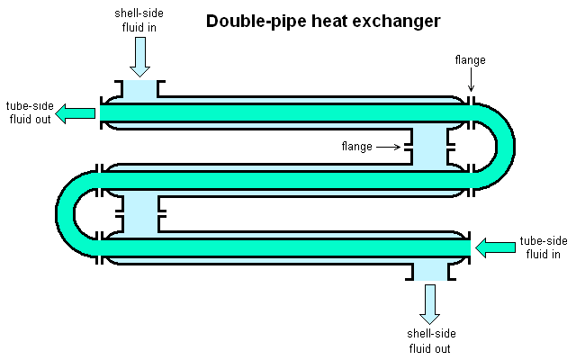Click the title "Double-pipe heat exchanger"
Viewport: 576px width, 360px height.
pyautogui.click(x=323, y=21)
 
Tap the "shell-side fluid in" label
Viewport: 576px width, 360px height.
pyautogui.click(x=139, y=22)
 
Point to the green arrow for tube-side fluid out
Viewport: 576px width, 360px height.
pyautogui.click(x=77, y=113)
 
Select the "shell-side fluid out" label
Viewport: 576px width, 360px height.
pyautogui.click(x=428, y=341)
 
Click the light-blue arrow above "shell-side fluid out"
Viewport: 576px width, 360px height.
pyautogui.click(x=429, y=304)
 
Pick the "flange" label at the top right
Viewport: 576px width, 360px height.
pyautogui.click(x=471, y=60)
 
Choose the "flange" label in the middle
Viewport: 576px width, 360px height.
pyautogui.click(x=357, y=146)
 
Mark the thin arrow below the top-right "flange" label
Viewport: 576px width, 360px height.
pyautogui.click(x=471, y=81)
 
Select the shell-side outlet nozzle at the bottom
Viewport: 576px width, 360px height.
pyautogui.click(x=429, y=270)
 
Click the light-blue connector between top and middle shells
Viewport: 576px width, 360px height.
pyautogui.click(x=429, y=147)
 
